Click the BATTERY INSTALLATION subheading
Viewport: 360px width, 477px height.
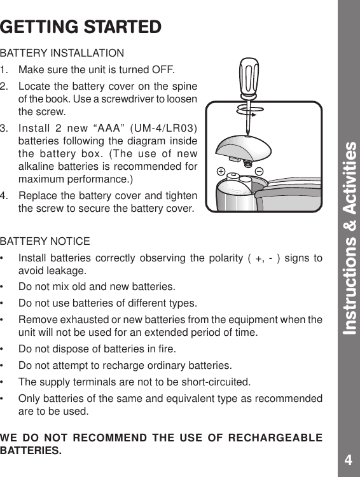click(62, 52)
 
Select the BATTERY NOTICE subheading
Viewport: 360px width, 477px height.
click(45, 242)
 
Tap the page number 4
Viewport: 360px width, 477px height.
click(348, 460)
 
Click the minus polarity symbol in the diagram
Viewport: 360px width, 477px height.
click(260, 171)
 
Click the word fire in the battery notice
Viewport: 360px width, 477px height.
click(167, 349)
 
